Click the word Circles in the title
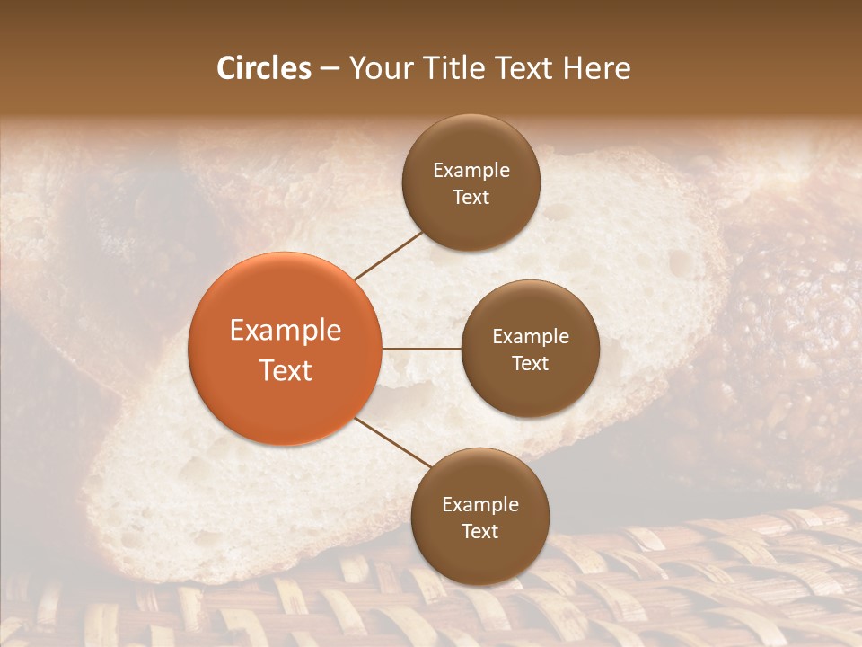point(263,68)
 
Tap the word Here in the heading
point(595,68)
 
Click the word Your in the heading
point(380,68)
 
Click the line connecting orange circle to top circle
point(391,254)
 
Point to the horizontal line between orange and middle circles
point(421,349)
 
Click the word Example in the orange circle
point(286,331)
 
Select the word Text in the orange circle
point(286,370)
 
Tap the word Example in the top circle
point(471,171)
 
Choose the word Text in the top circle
point(471,197)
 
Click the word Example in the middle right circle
point(531,337)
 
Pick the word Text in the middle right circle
point(531,363)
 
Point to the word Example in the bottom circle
point(480,505)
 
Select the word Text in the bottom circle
point(480,531)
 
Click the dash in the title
point(330,69)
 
